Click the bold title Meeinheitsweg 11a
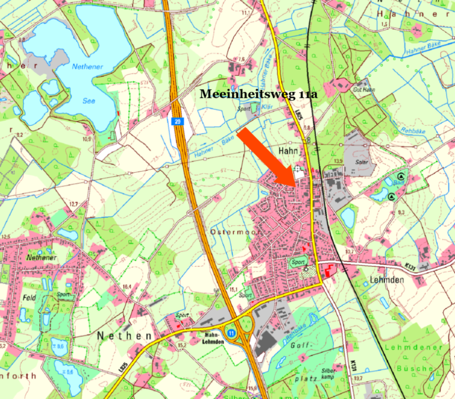[258, 94]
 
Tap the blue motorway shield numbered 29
[177, 122]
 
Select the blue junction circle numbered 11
[230, 332]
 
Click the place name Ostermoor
[235, 231]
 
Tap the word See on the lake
[89, 101]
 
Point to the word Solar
[362, 163]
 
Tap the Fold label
[29, 297]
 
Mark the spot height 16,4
[127, 286]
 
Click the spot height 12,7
[73, 204]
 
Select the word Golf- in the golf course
[298, 346]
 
